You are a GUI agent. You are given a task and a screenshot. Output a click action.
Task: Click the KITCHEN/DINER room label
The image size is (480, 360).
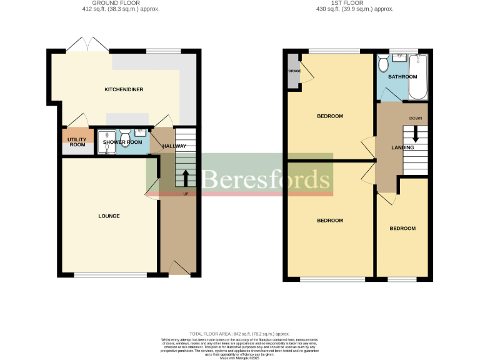pos(124,89)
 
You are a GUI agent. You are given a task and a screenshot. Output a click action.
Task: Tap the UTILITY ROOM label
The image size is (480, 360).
pos(77,141)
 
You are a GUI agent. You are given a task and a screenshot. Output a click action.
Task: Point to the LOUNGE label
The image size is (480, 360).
pos(109,216)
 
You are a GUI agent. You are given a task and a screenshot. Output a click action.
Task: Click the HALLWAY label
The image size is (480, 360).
pos(174,146)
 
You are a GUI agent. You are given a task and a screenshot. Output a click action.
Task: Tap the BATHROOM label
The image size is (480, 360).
pos(402,77)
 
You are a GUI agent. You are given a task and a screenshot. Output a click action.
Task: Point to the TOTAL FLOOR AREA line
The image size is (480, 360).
pos(240,334)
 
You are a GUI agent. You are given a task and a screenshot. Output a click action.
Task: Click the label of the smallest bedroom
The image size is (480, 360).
pos(402,229)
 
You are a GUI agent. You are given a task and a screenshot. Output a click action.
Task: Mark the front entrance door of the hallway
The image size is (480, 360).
pos(179,269)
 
